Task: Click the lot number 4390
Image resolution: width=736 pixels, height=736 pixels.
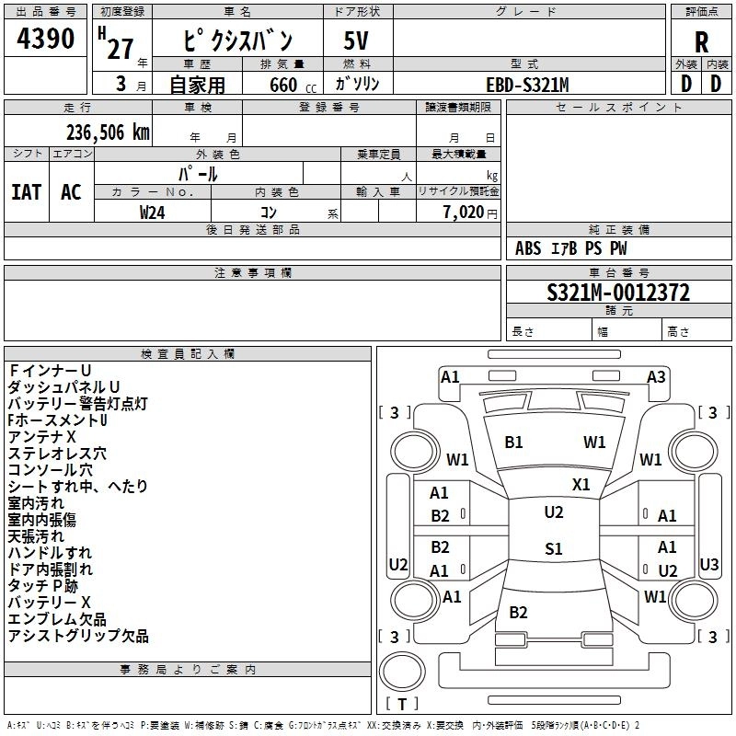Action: tap(45, 38)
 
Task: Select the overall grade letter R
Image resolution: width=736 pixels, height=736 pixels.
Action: tap(701, 42)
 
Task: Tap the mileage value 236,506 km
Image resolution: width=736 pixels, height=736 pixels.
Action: tap(108, 132)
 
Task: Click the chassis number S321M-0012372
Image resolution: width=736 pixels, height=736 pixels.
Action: tap(618, 293)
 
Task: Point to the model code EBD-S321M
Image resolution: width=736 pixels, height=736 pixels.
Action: tap(527, 85)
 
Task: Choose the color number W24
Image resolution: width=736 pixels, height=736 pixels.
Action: tap(152, 213)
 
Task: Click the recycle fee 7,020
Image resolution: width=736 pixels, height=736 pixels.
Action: tap(464, 213)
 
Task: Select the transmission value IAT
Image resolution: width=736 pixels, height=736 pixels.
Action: tap(27, 192)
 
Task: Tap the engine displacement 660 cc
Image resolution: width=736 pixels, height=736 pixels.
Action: tap(293, 85)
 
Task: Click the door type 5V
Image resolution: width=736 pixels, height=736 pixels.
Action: tap(356, 40)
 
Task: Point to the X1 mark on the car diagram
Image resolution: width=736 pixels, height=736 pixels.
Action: tap(581, 485)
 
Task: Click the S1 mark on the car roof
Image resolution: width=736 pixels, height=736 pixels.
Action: tap(554, 548)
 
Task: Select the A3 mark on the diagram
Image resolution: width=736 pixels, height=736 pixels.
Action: tap(656, 377)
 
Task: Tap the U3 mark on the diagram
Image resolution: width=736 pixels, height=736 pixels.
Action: tap(708, 565)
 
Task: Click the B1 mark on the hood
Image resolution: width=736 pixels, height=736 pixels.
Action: tap(513, 443)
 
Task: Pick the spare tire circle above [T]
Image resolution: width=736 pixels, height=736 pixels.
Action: tap(402, 672)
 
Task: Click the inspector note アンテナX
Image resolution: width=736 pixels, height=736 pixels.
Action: tap(41, 437)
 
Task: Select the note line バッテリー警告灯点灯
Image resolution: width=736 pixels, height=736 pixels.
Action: tap(78, 404)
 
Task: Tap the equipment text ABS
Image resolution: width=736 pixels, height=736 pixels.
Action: tap(528, 248)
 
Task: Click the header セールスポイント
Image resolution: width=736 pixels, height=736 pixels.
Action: tap(618, 108)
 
